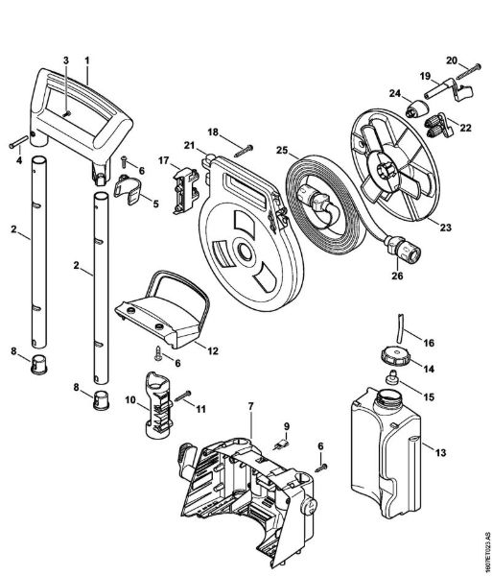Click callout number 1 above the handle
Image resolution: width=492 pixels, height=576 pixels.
[x=86, y=59]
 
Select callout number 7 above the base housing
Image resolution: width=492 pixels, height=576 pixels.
[x=250, y=407]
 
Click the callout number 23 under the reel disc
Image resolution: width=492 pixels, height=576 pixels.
[x=444, y=227]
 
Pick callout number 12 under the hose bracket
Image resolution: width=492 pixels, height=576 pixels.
[x=212, y=351]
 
